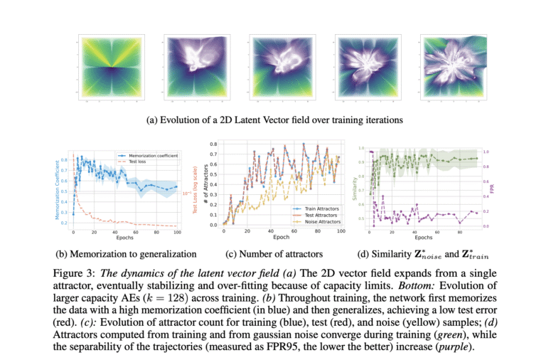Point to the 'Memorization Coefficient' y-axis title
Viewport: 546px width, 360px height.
58,189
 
